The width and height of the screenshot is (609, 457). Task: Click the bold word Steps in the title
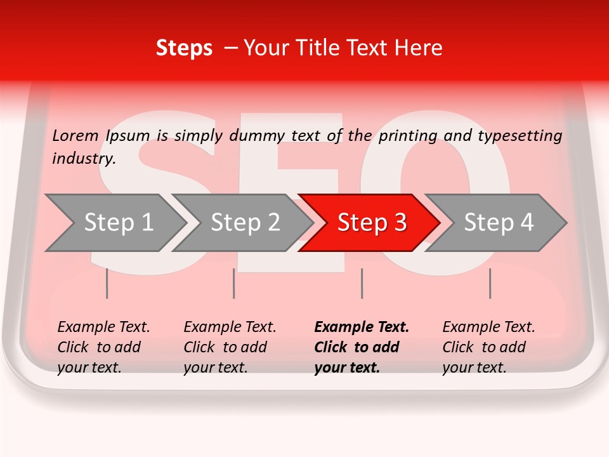click(x=184, y=48)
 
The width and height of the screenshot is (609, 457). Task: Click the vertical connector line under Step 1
click(x=107, y=283)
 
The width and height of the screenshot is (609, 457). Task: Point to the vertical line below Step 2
click(x=233, y=283)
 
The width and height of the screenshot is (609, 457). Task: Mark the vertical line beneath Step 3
click(x=362, y=283)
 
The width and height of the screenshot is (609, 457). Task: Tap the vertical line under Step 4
click(x=490, y=283)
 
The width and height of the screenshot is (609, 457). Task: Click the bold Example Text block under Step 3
click(x=360, y=347)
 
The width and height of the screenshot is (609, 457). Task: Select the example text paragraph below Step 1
click(x=103, y=347)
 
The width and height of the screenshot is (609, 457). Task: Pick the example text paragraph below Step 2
click(x=229, y=347)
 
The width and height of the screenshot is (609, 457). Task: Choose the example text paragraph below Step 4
click(x=488, y=347)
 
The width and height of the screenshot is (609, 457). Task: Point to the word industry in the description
click(x=84, y=159)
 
